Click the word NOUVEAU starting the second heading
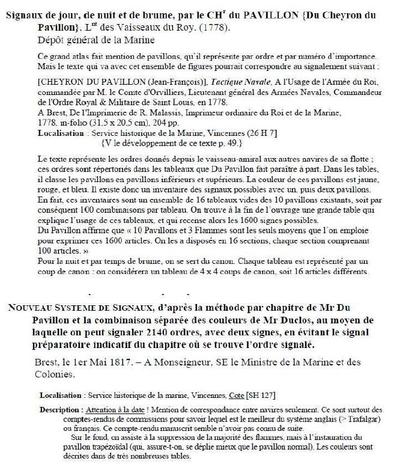(x=32, y=308)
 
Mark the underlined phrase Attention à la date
(x=115, y=407)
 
